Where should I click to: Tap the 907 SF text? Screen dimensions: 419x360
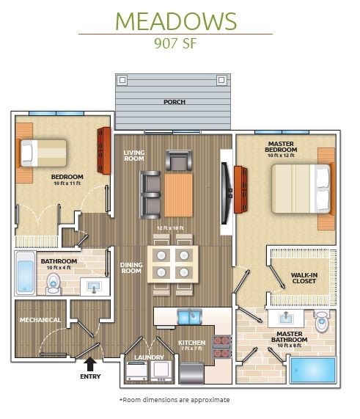pos(175,42)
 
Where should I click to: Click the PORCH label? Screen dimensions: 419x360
pos(174,102)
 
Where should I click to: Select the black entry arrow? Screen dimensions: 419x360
pos(89,362)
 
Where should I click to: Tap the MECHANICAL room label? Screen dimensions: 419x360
pos(39,320)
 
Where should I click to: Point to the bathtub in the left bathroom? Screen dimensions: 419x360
pos(23,272)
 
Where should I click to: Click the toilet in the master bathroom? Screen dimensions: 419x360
pos(321,322)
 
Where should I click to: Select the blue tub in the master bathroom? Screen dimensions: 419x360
pos(312,370)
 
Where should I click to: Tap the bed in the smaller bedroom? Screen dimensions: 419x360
pos(43,153)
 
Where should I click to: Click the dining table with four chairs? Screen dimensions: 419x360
pos(172,262)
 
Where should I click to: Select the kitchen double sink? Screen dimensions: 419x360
pos(189,316)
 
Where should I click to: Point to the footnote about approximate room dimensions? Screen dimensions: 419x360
pos(174,400)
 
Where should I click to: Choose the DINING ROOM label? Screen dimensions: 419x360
pos(131,268)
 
